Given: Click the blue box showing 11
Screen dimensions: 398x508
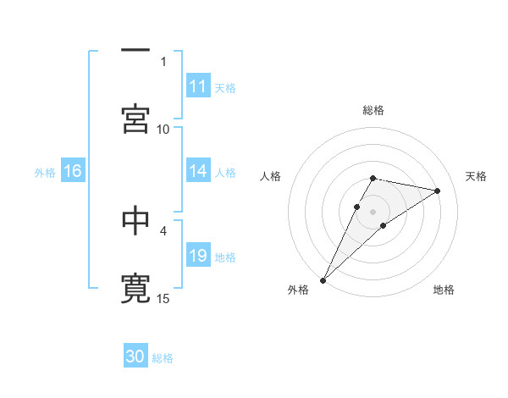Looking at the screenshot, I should pos(198,86).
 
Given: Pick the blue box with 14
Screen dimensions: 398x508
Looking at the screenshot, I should pos(198,171).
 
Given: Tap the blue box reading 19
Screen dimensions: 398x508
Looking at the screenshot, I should pos(198,256).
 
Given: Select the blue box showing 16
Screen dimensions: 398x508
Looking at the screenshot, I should pos(72,171).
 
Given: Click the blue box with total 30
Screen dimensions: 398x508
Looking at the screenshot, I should pos(135,357).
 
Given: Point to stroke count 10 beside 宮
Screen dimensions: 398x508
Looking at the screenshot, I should pos(163,129).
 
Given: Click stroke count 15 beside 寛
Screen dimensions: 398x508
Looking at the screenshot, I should pos(163,298).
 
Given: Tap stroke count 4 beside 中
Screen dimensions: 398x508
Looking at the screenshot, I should pos(163,229).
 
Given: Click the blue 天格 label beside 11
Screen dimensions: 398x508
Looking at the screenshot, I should pos(225,87).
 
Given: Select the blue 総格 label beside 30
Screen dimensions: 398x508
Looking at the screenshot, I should pos(163,358).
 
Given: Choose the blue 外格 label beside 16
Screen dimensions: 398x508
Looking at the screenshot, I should pos(45,172).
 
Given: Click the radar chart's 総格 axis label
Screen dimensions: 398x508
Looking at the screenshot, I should pos(373,110).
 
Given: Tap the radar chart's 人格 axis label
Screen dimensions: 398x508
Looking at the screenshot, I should pos(272,176).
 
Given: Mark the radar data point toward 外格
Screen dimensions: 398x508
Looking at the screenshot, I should pos(323,279).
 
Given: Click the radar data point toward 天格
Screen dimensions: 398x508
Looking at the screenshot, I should pos(438,191).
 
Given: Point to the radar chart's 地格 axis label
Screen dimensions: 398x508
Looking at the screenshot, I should pos(444,290).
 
